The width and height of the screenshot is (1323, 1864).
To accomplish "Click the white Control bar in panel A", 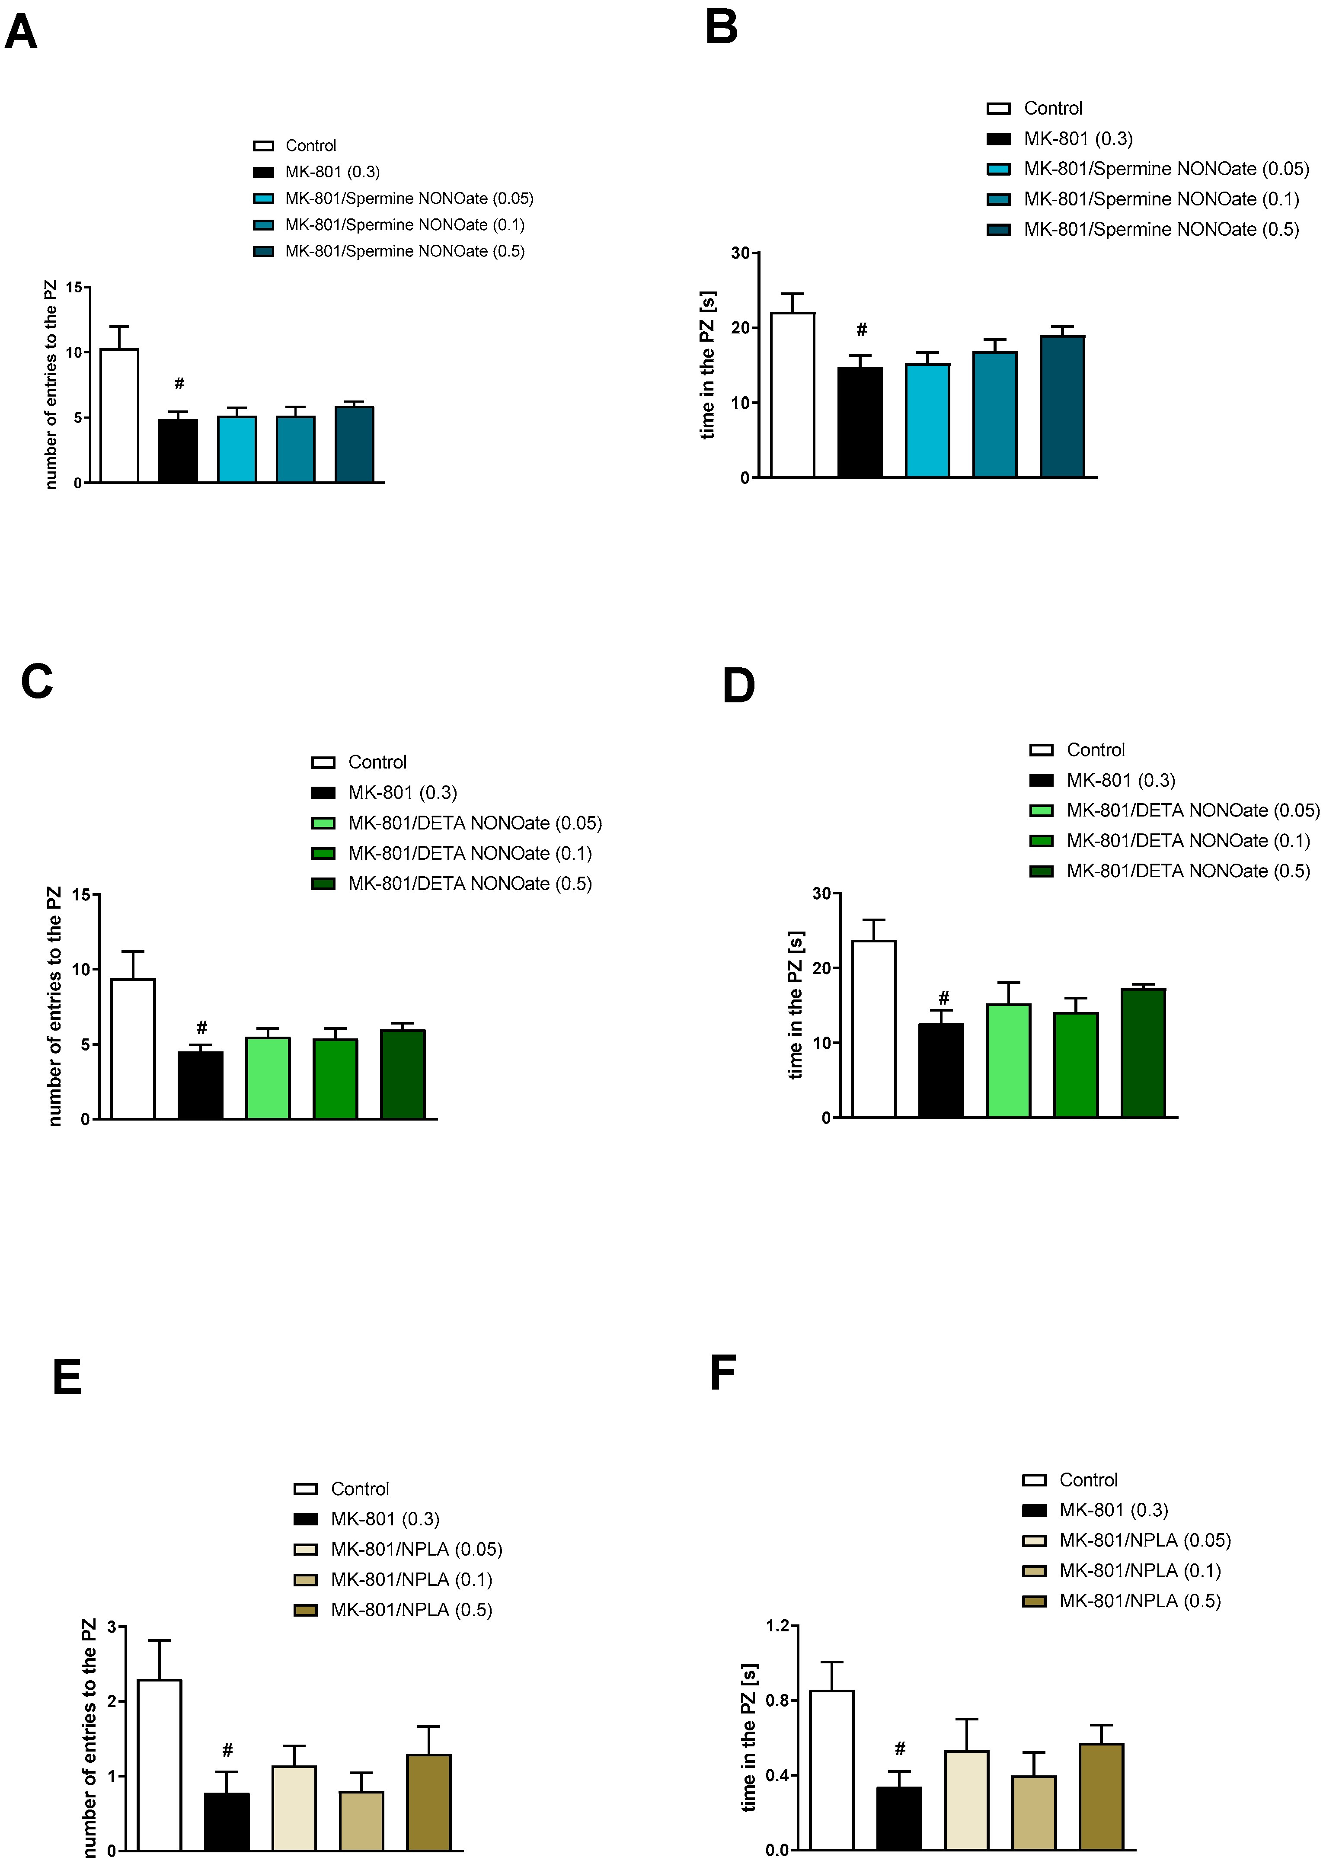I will tap(119, 416).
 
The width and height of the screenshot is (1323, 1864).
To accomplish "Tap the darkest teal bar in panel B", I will tap(1062, 406).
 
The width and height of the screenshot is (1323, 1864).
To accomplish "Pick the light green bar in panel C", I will tap(268, 1078).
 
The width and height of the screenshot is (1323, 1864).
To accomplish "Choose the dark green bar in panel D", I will tap(1143, 1053).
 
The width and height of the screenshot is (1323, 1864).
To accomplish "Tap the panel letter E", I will tap(67, 1377).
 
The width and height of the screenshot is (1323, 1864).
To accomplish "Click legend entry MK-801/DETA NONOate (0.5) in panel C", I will tap(469, 884).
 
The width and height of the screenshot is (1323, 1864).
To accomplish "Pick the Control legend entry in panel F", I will tap(1087, 1480).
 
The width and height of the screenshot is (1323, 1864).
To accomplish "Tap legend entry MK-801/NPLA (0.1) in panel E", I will tap(411, 1580).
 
